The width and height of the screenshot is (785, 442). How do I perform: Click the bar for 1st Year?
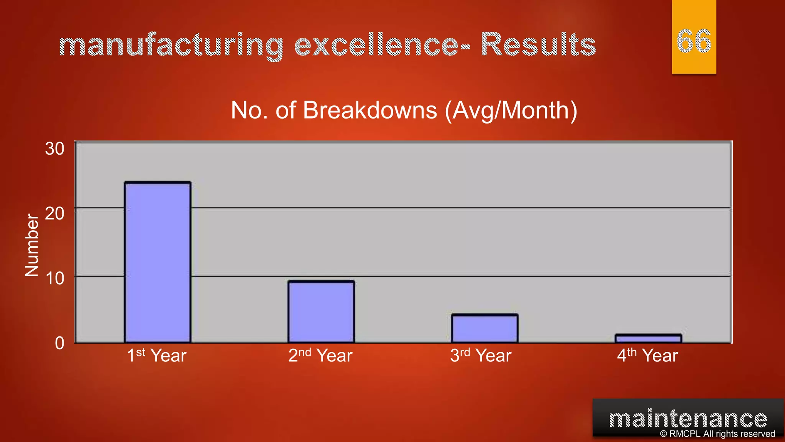click(158, 262)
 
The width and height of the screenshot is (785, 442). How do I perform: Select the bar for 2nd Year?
click(321, 312)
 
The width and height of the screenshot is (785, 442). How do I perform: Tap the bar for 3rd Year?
click(484, 328)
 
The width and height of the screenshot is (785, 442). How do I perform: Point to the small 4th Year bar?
click(648, 338)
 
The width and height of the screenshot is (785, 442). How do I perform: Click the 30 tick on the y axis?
click(54, 149)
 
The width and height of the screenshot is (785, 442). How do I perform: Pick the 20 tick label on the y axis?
click(54, 214)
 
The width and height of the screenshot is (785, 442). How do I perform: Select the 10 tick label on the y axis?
click(54, 279)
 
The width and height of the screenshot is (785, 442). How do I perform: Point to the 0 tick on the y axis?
click(59, 343)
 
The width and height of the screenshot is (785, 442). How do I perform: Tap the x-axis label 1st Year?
click(156, 355)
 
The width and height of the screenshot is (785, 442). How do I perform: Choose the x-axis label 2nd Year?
click(320, 355)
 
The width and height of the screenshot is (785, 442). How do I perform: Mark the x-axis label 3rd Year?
click(481, 355)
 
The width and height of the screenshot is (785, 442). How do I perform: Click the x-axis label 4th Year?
click(647, 355)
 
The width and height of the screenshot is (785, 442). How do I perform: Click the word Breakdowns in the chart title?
click(370, 110)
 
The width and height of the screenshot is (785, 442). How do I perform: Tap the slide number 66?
click(694, 41)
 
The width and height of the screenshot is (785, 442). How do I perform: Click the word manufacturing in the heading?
click(171, 45)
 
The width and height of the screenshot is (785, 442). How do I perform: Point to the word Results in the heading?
click(538, 45)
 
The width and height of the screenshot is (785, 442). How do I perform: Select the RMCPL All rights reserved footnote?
click(717, 434)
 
